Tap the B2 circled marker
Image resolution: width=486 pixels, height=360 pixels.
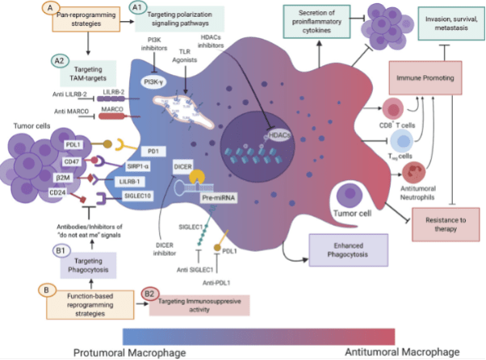click(x=150, y=295)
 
